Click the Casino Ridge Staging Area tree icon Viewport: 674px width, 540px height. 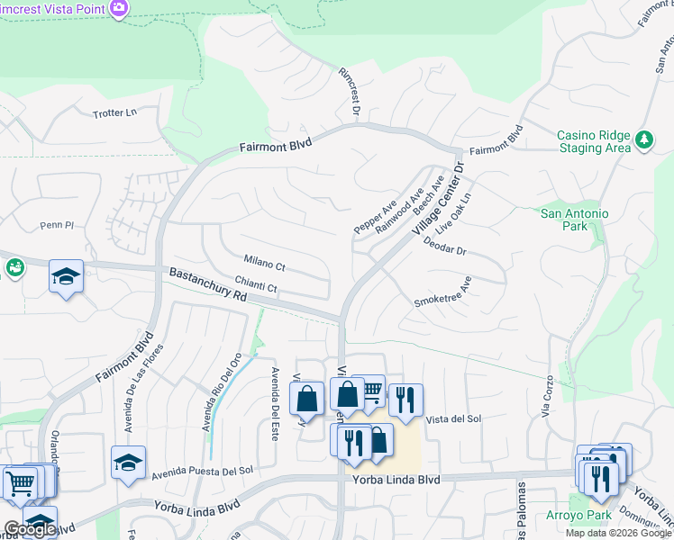(643, 139)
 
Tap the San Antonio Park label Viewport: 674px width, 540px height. (574, 220)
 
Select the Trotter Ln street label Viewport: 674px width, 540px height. (114, 113)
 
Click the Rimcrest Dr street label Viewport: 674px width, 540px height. (349, 94)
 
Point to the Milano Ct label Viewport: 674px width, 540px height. (263, 266)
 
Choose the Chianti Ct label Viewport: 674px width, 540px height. (257, 287)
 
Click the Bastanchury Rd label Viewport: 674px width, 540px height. (207, 284)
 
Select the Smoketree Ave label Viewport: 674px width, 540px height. (443, 294)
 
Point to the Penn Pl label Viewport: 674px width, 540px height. (55, 225)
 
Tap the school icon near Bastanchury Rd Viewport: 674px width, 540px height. (66, 275)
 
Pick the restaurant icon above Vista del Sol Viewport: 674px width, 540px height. (405, 399)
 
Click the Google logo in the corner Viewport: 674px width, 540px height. (30, 529)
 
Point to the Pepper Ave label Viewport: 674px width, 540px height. (375, 218)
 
